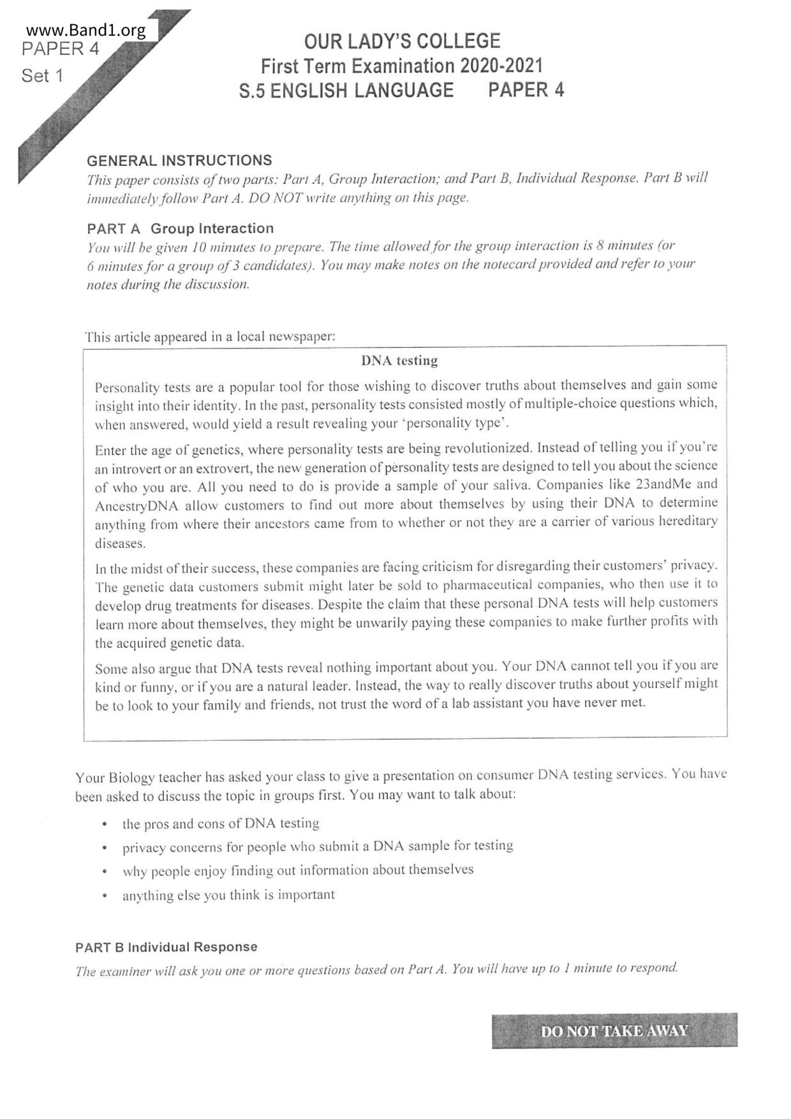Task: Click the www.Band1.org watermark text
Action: [x=86, y=30]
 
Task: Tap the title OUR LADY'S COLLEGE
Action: [x=402, y=41]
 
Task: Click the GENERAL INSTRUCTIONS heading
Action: [x=179, y=160]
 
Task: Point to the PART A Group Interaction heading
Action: [x=180, y=228]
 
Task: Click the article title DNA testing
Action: [x=399, y=360]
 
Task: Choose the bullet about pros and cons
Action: [x=221, y=824]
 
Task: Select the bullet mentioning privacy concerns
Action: [x=318, y=847]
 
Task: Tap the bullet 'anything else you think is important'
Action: [x=228, y=895]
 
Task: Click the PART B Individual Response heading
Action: [x=166, y=947]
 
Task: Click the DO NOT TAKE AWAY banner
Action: [x=614, y=1030]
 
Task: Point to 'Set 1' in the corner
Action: [x=42, y=76]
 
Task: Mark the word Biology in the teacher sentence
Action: [x=132, y=778]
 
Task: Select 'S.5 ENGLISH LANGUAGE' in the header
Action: [x=346, y=91]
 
